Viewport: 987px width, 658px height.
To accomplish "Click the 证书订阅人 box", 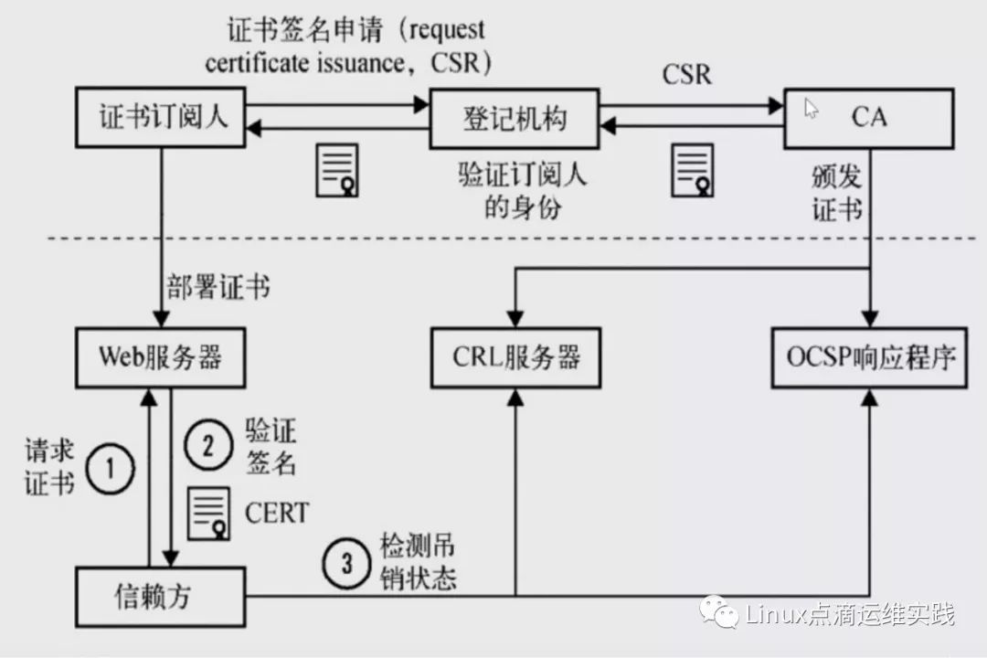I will point(162,118).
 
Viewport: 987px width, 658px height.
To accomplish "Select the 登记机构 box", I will point(515,118).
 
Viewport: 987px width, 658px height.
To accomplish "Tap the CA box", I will point(869,118).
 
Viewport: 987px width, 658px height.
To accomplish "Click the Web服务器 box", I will point(161,356).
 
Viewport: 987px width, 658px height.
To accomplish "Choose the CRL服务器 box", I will point(516,356).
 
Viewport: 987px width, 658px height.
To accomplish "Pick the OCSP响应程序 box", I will point(870,356).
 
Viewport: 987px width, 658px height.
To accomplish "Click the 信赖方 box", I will point(161,596).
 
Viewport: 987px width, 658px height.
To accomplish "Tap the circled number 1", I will point(111,469).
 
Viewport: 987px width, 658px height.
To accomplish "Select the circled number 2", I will point(209,446).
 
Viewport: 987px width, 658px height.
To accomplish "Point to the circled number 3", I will point(346,564).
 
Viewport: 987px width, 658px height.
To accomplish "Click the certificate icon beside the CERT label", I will point(209,514).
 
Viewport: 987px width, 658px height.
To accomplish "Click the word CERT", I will point(277,512).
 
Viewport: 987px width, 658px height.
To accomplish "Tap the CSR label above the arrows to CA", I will point(686,73).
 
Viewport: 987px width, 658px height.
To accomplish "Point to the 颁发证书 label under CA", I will point(836,194).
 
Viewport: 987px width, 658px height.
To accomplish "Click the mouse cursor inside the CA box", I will point(811,109).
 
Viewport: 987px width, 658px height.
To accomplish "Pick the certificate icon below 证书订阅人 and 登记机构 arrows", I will point(337,169).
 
